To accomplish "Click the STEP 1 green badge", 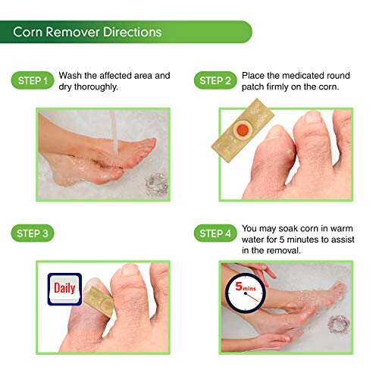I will pos(33,80).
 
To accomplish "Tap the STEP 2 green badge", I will pos(216,80).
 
